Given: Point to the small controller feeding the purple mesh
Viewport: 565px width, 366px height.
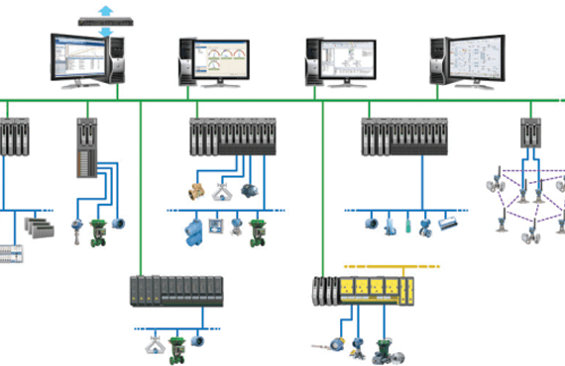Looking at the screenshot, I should (x=529, y=134).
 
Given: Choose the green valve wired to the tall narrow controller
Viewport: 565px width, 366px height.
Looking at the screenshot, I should (x=97, y=230).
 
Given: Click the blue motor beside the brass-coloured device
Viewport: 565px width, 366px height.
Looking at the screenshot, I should (x=247, y=189).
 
